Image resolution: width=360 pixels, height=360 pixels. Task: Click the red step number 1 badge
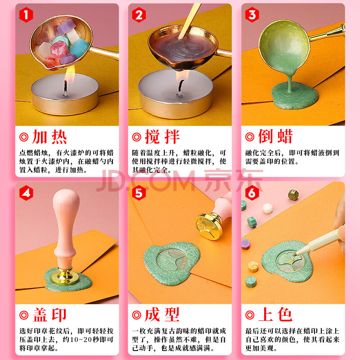tap(26, 15)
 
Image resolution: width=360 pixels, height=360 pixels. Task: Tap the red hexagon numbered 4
tap(26, 193)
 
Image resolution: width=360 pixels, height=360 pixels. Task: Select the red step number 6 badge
tap(252, 193)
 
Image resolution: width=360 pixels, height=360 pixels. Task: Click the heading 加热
tap(49, 137)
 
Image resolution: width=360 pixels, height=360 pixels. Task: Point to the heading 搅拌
tap(162, 137)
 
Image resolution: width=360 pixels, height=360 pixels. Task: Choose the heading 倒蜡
tap(275, 136)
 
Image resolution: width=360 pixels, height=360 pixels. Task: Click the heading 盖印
tap(49, 315)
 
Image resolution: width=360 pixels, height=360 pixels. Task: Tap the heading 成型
tap(162, 315)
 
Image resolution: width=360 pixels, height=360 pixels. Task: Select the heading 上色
tap(275, 315)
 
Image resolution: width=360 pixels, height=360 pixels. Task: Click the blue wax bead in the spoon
tap(80, 48)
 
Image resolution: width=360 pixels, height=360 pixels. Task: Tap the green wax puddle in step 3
tap(295, 95)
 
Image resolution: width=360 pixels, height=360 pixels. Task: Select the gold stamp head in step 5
tap(209, 227)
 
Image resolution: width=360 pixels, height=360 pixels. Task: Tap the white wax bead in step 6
tap(268, 208)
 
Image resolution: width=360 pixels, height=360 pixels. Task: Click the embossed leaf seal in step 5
tap(171, 260)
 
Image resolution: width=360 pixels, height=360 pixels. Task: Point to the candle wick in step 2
tap(180, 87)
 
